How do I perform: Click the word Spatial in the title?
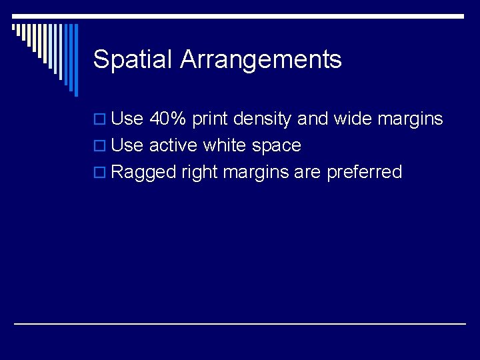[133, 60]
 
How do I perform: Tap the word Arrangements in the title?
[261, 60]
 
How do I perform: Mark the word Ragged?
[143, 173]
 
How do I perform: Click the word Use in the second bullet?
[127, 145]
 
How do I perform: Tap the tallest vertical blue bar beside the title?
[75, 60]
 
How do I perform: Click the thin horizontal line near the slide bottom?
[240, 323]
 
